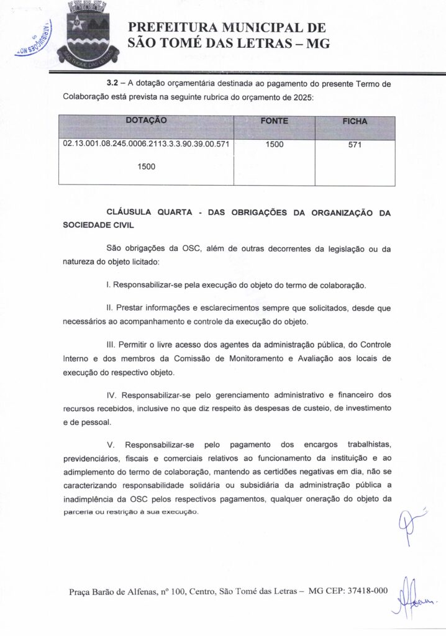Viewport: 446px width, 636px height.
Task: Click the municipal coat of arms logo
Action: coord(87,31)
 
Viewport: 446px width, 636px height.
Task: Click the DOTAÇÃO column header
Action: coord(146,120)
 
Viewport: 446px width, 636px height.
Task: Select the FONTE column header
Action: coord(274,121)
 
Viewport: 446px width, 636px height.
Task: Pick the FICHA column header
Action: coord(355,121)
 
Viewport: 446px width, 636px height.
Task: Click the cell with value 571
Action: coord(355,145)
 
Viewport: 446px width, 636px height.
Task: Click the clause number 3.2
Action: coord(113,84)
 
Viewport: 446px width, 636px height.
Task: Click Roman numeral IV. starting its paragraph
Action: coord(112,395)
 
